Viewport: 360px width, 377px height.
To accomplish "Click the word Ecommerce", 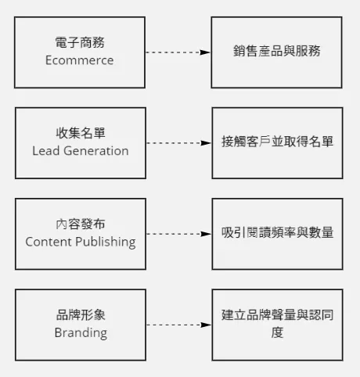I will point(80,60).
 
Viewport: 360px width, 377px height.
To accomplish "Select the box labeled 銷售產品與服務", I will point(276,52).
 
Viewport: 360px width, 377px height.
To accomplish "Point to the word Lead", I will point(45,151).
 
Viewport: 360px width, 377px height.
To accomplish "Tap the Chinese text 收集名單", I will point(80,134).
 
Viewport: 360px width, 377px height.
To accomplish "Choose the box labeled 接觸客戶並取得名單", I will point(276,142).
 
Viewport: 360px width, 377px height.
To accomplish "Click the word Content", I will point(49,242).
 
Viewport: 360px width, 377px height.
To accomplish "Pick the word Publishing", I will point(105,242).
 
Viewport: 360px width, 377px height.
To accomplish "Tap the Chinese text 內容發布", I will point(80,224).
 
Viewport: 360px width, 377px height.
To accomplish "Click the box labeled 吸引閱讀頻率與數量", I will point(276,233).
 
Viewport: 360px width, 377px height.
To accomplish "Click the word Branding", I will point(80,332).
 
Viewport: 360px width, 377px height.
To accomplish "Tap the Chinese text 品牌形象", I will point(80,315).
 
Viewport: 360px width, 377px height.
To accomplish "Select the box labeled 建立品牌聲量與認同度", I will point(276,324).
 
